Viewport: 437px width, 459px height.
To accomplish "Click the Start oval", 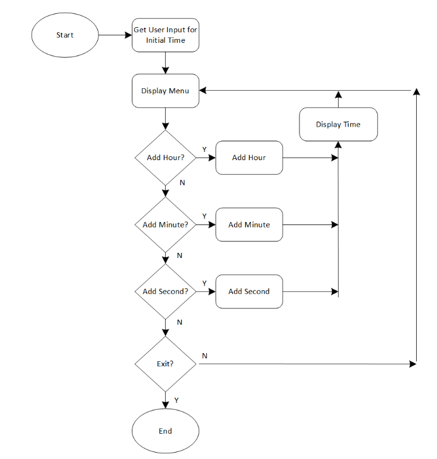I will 65,35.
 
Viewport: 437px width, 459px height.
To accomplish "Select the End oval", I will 165,431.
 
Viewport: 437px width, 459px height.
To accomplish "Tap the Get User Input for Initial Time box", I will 165,35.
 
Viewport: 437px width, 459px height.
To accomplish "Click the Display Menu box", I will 165,91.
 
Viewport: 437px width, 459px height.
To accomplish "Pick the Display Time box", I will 338,124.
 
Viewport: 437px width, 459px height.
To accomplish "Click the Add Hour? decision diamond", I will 165,158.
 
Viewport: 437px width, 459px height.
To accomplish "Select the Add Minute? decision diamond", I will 165,224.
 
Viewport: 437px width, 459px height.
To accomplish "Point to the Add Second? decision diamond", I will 165,291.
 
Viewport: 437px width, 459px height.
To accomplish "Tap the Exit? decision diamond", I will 165,364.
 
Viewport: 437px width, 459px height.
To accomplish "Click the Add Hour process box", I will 248,158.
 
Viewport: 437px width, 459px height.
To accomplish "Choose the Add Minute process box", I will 248,224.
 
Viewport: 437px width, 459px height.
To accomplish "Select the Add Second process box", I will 248,291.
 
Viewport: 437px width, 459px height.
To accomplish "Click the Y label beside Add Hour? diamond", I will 204,149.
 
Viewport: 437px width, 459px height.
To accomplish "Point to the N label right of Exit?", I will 204,356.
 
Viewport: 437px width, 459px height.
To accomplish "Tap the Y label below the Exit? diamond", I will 177,400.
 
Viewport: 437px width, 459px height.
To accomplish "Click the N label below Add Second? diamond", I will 179,322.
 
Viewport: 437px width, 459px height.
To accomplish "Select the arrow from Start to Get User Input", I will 115,35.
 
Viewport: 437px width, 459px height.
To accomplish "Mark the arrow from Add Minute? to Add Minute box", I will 206,224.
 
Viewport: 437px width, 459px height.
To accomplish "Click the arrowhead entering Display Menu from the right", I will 204,91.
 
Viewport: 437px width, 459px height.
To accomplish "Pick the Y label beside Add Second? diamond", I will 204,283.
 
